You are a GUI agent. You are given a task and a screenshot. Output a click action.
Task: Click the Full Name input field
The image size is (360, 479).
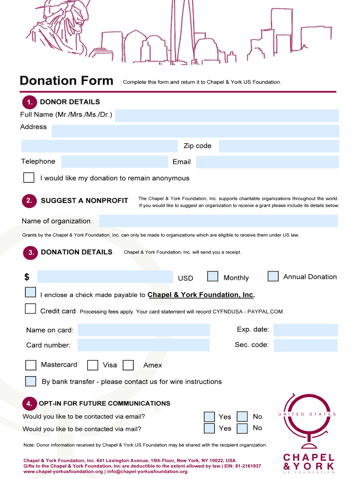coord(227,116)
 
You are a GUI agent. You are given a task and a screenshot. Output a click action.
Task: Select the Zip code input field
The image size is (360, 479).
coord(279,146)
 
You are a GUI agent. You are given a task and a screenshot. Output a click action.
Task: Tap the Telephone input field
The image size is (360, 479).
coord(115,162)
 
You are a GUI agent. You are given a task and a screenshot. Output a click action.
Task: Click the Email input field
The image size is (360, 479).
coord(267,162)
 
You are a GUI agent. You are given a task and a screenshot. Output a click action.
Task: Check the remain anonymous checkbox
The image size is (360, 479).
coord(29,178)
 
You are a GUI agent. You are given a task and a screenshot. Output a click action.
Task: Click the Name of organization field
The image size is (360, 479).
coord(218,221)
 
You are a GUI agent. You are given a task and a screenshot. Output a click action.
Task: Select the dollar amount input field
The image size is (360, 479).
coord(105,277)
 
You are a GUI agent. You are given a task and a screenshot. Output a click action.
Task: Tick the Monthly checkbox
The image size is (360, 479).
coord(213,276)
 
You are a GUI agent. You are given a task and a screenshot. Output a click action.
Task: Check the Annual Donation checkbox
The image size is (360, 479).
coord(273,276)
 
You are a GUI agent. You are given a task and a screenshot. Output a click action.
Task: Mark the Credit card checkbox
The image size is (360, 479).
coord(30,309)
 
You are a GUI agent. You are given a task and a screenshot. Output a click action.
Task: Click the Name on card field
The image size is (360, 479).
coord(144,330)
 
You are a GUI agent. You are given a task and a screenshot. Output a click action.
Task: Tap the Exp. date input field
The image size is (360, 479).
coord(305,330)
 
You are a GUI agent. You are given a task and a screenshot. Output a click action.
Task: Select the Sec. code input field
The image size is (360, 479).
coord(305,345)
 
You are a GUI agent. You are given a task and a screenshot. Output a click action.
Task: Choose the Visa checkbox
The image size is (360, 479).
coord(93,365)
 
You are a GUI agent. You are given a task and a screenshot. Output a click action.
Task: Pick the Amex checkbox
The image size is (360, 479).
coord(128,365)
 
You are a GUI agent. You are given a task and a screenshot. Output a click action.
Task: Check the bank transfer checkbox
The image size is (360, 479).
coord(31,381)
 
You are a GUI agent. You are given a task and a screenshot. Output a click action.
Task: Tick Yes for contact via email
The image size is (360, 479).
coord(209,416)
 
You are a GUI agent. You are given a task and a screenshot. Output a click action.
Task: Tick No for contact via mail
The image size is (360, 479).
coord(242,428)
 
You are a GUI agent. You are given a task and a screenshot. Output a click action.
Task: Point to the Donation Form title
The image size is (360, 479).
coord(66,81)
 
